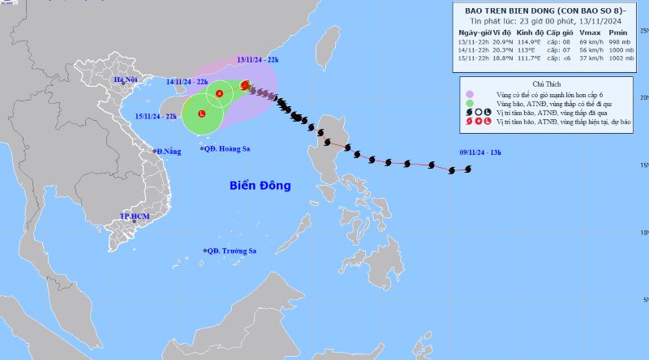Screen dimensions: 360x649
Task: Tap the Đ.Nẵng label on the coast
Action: pyautogui.click(x=170, y=152)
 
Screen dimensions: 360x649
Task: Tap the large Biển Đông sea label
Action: pyautogui.click(x=259, y=186)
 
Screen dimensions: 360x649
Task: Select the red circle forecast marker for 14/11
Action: pyautogui.click(x=219, y=95)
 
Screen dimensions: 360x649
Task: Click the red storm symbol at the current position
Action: pyautogui.click(x=246, y=84)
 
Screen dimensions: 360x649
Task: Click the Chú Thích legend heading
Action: pyautogui.click(x=548, y=83)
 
